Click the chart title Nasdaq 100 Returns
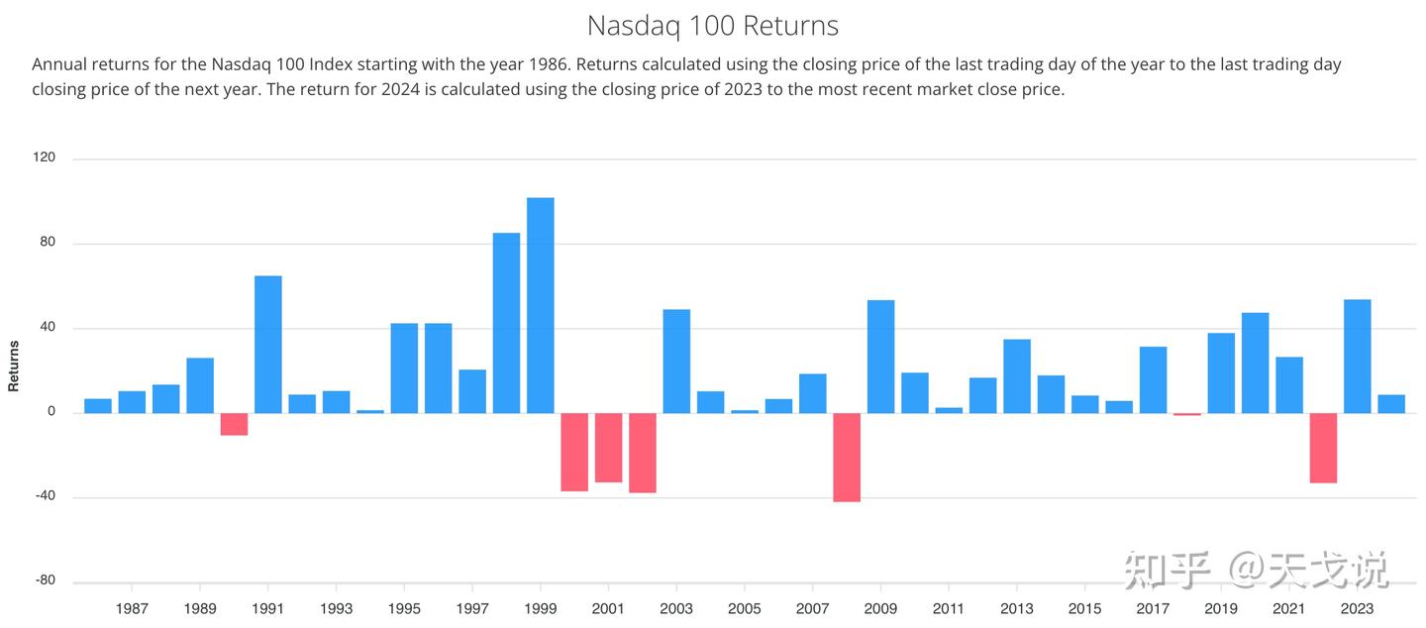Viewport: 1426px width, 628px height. (x=712, y=25)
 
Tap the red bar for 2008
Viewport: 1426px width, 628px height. (x=847, y=457)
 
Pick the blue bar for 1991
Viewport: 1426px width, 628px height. (x=268, y=344)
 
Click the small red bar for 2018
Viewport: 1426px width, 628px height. (x=1187, y=414)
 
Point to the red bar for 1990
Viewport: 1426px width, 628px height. (x=234, y=424)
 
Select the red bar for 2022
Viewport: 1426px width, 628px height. (x=1323, y=448)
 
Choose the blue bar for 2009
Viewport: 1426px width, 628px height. (x=880, y=357)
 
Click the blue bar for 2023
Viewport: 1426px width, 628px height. (x=1357, y=356)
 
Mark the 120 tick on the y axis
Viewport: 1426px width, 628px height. (x=46, y=157)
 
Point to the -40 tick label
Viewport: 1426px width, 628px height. (x=46, y=497)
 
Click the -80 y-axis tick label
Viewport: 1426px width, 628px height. (x=46, y=581)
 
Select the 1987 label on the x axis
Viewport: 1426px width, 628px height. (x=132, y=609)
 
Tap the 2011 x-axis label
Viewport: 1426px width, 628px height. (x=949, y=609)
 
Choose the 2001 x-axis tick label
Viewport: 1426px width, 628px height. (x=608, y=609)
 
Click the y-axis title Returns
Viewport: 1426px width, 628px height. (x=14, y=366)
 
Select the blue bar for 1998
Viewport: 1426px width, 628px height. (x=506, y=323)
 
